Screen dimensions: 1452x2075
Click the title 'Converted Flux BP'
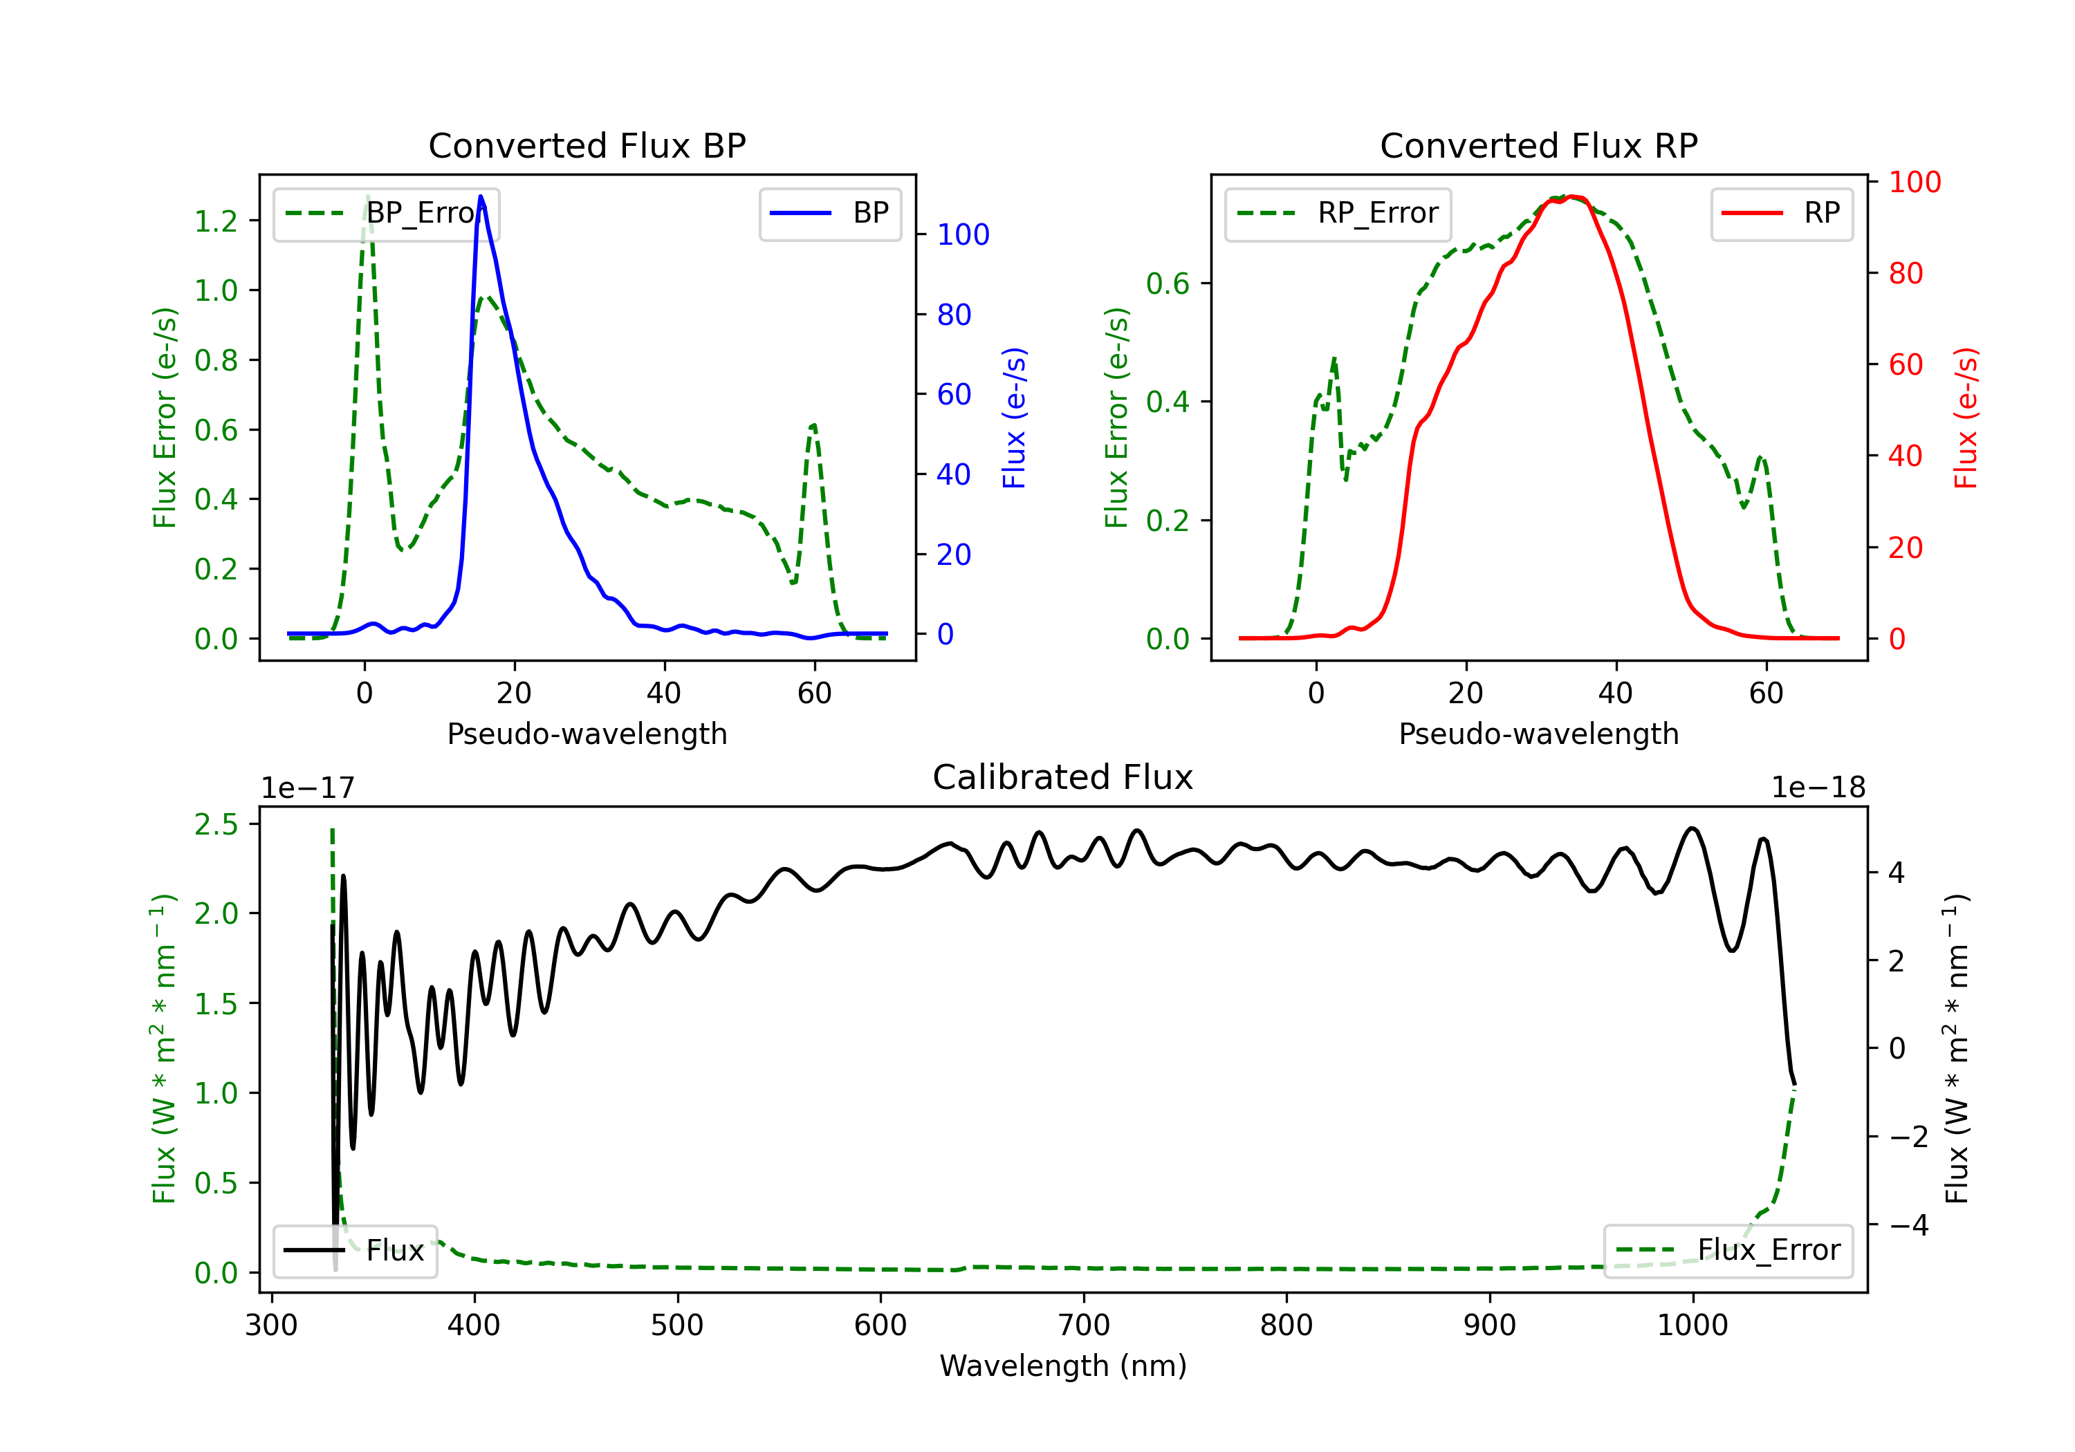coord(587,145)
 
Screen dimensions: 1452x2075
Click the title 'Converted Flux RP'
coord(1538,145)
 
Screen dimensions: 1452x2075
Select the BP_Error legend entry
coord(387,213)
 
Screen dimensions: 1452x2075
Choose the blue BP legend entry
coord(829,213)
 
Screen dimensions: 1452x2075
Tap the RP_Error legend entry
coord(1338,213)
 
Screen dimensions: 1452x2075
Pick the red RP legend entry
coord(1781,213)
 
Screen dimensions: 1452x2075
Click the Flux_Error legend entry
coord(1727,1251)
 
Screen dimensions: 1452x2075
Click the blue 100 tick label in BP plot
coord(963,235)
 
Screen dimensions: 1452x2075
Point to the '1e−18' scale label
coord(1818,788)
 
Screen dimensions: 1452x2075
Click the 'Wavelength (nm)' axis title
coord(1063,1366)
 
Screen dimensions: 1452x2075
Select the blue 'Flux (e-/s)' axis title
coord(1014,418)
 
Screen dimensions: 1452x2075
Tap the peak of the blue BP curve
coord(481,196)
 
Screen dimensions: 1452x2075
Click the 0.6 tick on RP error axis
coord(1168,283)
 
